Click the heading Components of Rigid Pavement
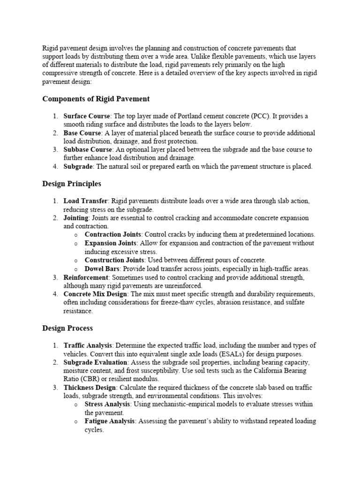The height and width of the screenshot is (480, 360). (96, 99)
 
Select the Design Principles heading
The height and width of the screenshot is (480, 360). (72, 184)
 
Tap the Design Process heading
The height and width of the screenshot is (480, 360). (67, 328)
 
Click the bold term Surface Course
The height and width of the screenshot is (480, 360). (87, 116)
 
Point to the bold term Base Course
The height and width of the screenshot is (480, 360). (82, 133)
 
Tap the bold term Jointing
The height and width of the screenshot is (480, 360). (75, 217)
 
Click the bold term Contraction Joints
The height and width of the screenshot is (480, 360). (112, 234)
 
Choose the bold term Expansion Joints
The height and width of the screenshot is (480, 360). (111, 243)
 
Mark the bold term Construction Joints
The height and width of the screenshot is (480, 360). (114, 260)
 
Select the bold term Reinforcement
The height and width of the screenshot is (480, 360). (86, 277)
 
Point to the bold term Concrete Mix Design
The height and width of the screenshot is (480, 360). (95, 294)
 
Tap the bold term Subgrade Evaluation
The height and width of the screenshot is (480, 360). (95, 362)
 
